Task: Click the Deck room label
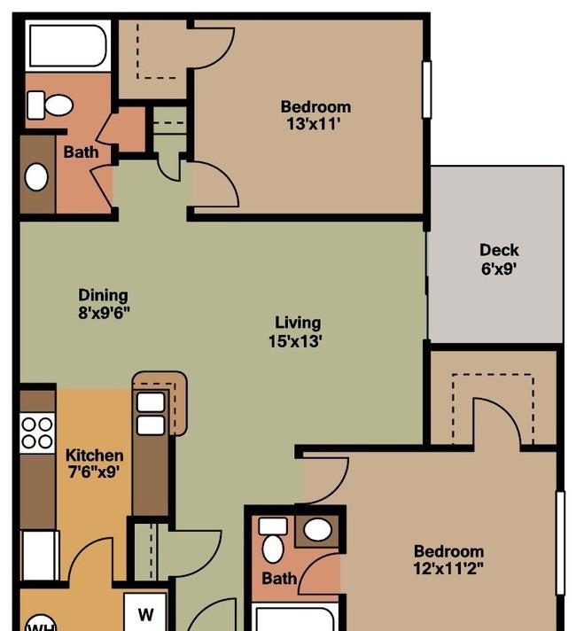click(x=499, y=250)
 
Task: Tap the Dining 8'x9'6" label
click(x=104, y=303)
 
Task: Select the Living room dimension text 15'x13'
click(x=295, y=341)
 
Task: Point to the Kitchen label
click(x=94, y=456)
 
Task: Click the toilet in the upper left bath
click(x=50, y=105)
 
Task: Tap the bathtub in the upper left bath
click(x=67, y=46)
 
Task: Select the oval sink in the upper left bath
click(x=36, y=177)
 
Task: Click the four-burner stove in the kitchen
click(x=37, y=432)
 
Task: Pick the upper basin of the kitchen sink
click(x=151, y=402)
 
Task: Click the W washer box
click(x=145, y=612)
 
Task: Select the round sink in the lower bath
click(x=317, y=529)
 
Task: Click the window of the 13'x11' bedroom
click(x=426, y=90)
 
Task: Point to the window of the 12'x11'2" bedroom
click(x=560, y=542)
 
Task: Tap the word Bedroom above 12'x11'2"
click(x=448, y=551)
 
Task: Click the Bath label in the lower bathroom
click(x=279, y=579)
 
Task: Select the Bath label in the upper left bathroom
click(x=81, y=152)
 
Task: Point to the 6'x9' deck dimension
click(x=499, y=269)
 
